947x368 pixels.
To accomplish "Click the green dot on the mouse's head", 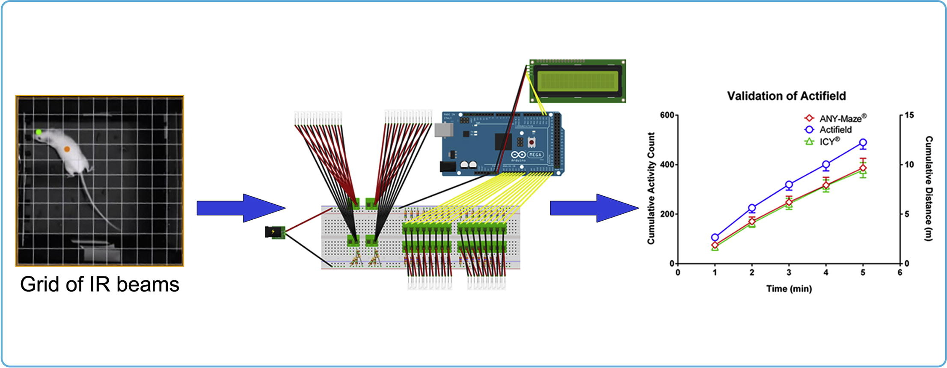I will (x=39, y=132).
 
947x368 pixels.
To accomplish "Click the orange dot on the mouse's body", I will (x=67, y=149).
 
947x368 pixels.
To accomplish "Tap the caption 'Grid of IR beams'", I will (x=100, y=284).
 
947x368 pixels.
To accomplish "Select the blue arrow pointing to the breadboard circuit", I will (x=241, y=208).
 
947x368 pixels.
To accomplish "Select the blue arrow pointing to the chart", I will (x=594, y=208).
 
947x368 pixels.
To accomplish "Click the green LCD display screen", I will (x=577, y=81).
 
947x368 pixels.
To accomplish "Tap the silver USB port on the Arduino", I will (x=443, y=130).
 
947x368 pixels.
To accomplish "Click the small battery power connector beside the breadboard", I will (x=275, y=232).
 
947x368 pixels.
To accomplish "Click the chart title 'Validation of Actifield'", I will (x=786, y=96).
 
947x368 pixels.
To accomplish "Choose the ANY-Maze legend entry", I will (x=836, y=118).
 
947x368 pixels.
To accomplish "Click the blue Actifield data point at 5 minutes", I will (x=863, y=143).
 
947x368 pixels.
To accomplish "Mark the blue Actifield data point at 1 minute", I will (x=715, y=237).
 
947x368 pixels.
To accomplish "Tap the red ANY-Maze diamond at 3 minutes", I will (x=789, y=202).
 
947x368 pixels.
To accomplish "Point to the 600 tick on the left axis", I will (x=667, y=115).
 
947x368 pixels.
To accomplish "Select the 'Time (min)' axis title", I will (x=789, y=289).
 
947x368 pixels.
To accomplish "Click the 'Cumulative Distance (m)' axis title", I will (x=929, y=188).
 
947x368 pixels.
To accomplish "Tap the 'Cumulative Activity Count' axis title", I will (x=651, y=188).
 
